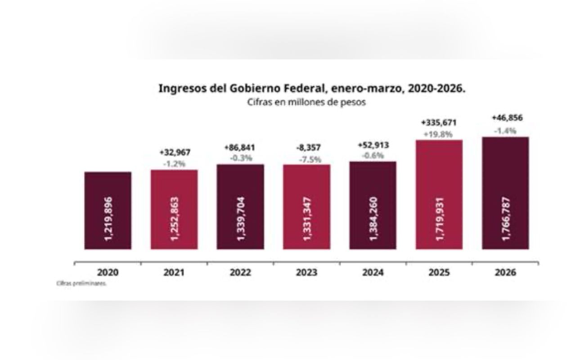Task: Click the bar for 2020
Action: [108, 210]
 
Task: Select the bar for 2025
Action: [439, 194]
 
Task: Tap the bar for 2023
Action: [306, 207]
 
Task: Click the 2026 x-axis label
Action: [505, 273]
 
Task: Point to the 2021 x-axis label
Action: [174, 273]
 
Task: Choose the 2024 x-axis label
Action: [373, 273]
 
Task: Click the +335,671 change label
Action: [439, 122]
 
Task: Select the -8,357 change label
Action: [306, 148]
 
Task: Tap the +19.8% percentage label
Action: [439, 134]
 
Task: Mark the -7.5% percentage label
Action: [306, 159]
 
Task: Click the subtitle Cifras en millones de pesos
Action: [306, 102]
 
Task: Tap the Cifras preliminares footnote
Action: [81, 284]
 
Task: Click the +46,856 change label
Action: [505, 118]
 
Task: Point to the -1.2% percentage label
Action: [174, 164]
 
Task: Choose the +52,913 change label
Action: [373, 145]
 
